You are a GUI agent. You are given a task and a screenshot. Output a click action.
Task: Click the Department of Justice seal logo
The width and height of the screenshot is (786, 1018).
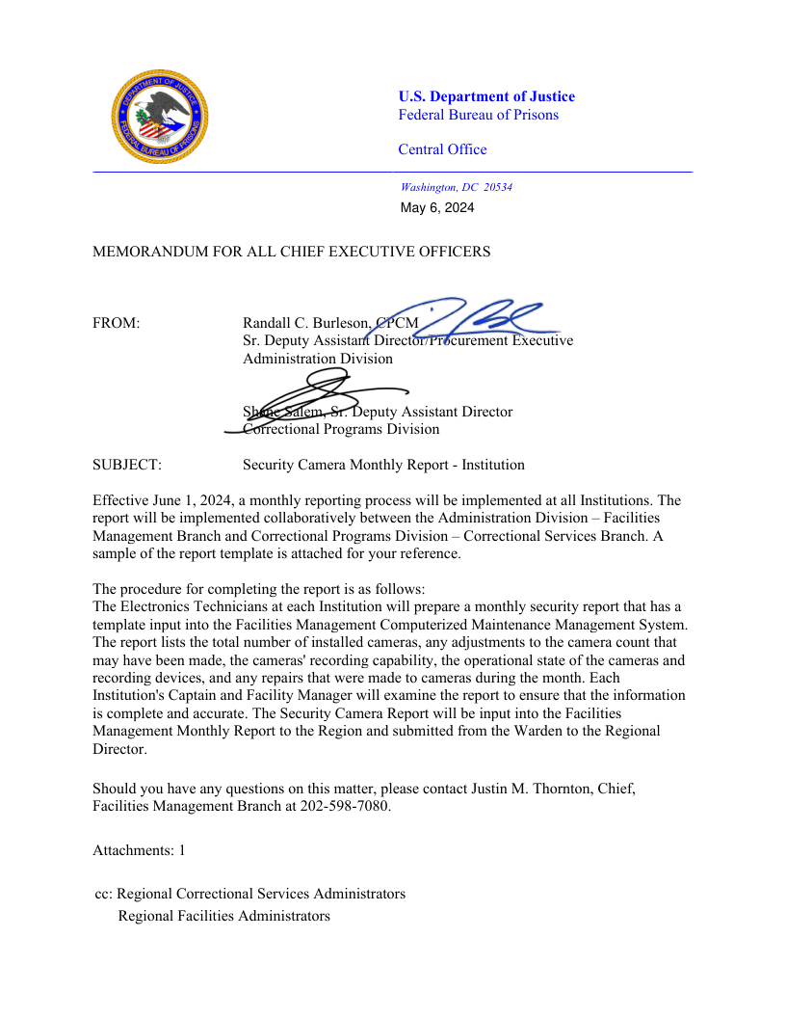click(x=159, y=116)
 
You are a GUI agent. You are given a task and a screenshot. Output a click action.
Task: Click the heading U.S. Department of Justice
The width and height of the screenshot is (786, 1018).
click(x=486, y=96)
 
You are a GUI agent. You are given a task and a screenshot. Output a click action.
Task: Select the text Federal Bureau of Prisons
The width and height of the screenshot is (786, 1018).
click(x=478, y=115)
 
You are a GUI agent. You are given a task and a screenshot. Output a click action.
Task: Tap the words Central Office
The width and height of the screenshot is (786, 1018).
click(x=442, y=149)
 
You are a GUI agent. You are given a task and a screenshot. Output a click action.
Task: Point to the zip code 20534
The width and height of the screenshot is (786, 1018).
click(x=498, y=187)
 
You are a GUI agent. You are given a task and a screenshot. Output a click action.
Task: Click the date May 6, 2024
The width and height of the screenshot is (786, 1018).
click(x=437, y=207)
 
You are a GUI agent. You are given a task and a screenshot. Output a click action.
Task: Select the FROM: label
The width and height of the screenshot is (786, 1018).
click(x=117, y=323)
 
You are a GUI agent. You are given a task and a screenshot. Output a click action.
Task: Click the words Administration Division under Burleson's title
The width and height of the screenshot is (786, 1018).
click(x=318, y=359)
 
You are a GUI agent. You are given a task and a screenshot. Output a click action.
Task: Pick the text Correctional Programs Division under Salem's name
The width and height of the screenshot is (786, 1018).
click(x=342, y=429)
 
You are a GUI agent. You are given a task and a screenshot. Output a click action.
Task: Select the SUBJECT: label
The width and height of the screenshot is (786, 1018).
click(x=127, y=465)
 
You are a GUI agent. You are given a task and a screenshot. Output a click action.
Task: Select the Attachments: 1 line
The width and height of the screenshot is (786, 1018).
click(x=139, y=850)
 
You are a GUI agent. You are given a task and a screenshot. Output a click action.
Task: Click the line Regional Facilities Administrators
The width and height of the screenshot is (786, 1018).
click(x=223, y=916)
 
